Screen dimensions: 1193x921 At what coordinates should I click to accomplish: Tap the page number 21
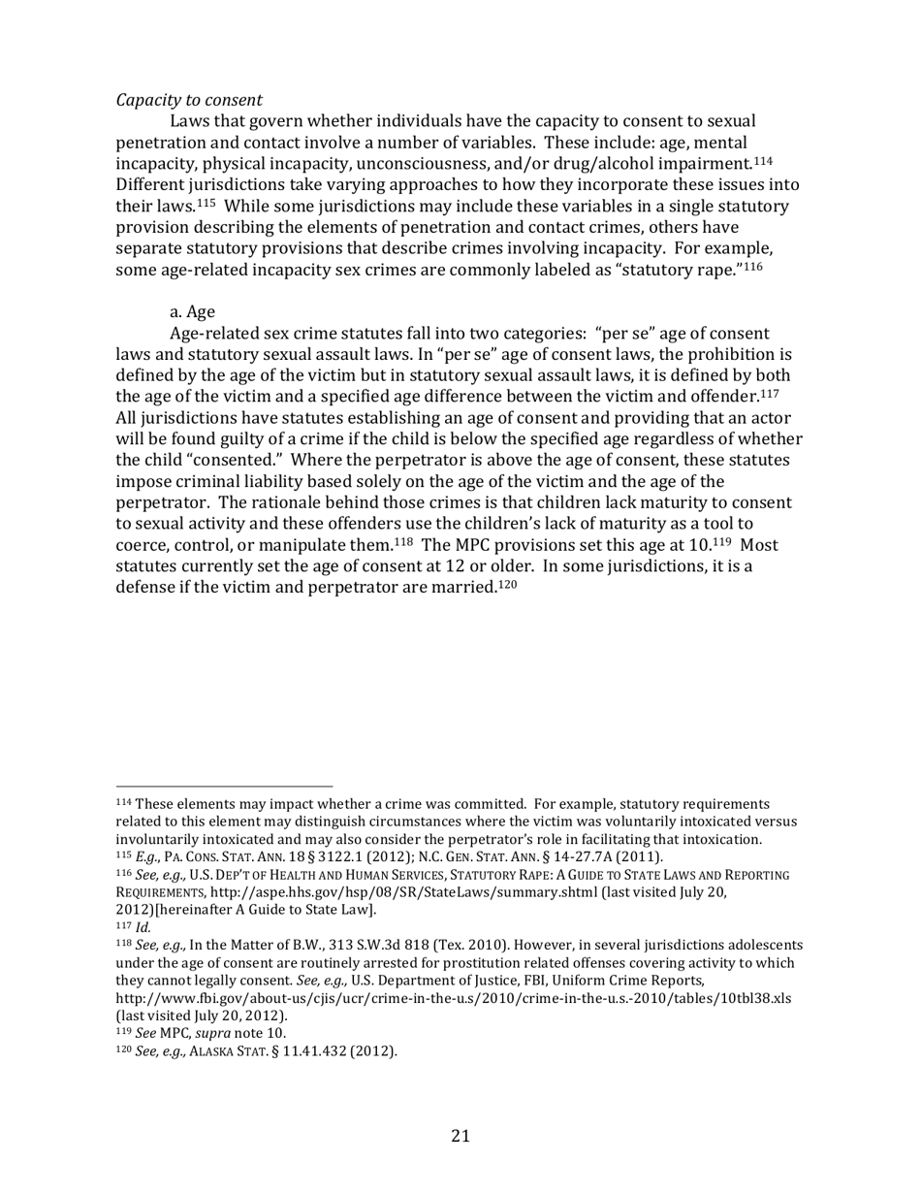tap(460, 1136)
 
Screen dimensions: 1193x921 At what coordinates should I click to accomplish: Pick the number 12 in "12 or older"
tap(430, 567)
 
